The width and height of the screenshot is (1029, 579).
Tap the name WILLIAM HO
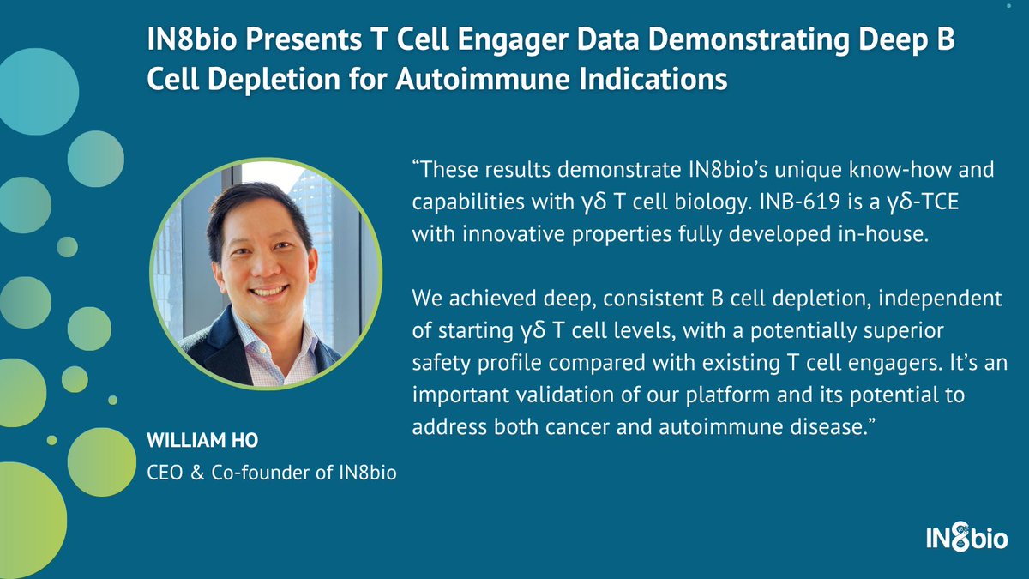pos(202,440)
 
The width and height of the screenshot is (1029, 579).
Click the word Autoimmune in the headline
pos(484,79)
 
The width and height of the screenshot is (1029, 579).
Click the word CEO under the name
pos(165,473)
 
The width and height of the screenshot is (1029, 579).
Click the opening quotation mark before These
pos(416,164)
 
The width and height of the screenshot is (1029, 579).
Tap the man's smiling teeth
pos(268,292)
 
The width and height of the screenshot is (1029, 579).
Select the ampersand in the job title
pos(197,473)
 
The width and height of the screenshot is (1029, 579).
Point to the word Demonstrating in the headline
pos(749,39)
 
